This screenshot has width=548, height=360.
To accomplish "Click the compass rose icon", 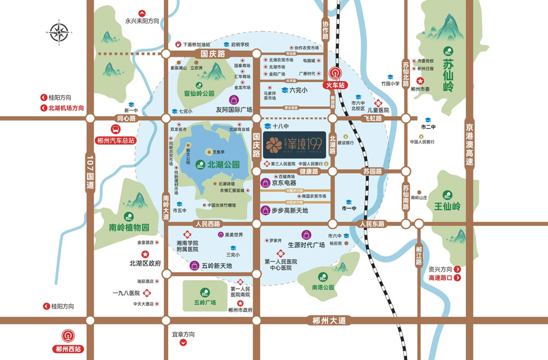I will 59,31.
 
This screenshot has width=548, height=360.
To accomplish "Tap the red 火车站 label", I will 335,85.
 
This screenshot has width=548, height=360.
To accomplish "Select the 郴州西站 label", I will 68,348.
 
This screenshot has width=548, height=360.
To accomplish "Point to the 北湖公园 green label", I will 224,163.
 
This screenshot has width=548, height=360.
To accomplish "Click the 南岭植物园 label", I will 129,227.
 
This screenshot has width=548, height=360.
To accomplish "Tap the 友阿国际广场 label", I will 233,110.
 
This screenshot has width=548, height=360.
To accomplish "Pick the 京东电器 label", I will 283,182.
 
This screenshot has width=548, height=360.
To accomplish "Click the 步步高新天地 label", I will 289,210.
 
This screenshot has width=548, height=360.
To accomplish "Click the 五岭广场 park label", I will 204,302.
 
